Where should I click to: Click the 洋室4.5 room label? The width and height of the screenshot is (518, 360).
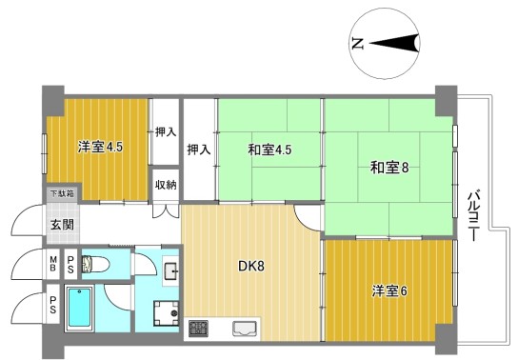[x=100, y=147]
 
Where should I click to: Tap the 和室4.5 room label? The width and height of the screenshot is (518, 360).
[x=269, y=150]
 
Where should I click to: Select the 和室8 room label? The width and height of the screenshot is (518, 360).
[x=389, y=168]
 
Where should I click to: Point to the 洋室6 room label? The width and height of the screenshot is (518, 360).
[x=389, y=291]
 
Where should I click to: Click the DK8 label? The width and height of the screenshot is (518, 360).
[x=251, y=267]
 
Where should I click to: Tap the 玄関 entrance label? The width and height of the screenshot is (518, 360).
[x=62, y=225]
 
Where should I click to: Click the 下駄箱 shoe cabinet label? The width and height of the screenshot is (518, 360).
[x=62, y=193]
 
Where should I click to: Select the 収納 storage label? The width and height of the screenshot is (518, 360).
[x=166, y=185]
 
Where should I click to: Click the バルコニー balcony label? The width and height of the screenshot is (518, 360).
[x=474, y=215]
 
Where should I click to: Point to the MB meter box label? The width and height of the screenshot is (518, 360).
[x=53, y=264]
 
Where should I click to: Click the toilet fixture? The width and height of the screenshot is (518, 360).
[x=95, y=264]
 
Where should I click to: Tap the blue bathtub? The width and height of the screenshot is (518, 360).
[x=79, y=307]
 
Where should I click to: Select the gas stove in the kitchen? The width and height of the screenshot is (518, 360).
[x=198, y=329]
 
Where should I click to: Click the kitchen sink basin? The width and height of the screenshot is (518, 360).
[x=245, y=329]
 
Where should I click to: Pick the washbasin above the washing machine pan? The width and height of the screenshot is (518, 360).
[x=170, y=271]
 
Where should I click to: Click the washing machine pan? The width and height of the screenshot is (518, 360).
[x=166, y=313]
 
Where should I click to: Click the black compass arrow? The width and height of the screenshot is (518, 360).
[x=394, y=43]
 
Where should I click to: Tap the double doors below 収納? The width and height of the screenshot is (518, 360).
[x=166, y=210]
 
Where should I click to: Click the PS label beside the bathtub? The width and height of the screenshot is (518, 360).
[x=53, y=304]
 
